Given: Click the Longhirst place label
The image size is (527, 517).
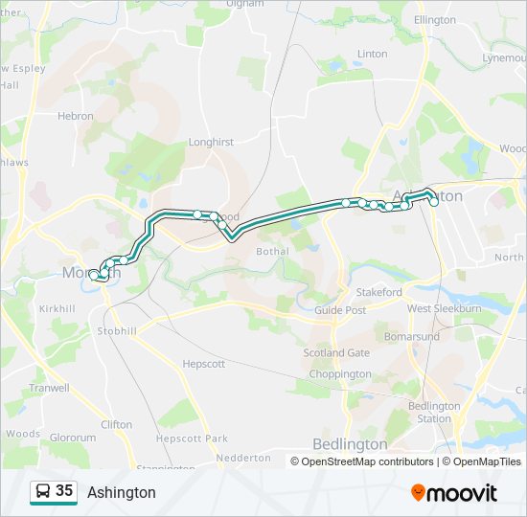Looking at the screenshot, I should [211, 143].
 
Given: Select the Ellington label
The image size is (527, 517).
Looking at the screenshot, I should [435, 20].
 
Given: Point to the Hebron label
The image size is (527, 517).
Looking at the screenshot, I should [76, 116].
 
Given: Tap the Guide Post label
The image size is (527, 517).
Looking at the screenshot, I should [340, 311].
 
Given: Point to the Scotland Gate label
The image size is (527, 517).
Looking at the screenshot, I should [336, 352].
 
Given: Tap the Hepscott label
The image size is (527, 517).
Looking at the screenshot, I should [203, 364].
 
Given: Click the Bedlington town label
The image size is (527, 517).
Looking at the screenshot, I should [350, 444].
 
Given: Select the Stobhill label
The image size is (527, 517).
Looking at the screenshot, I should [117, 331].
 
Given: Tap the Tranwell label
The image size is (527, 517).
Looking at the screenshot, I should [49, 388].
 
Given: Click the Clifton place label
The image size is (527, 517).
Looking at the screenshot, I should [116, 424].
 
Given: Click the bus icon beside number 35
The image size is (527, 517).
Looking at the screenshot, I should [42, 492].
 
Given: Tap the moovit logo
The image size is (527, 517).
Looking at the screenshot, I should [454, 493].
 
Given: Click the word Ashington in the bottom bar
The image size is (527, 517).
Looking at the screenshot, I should [122, 493].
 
